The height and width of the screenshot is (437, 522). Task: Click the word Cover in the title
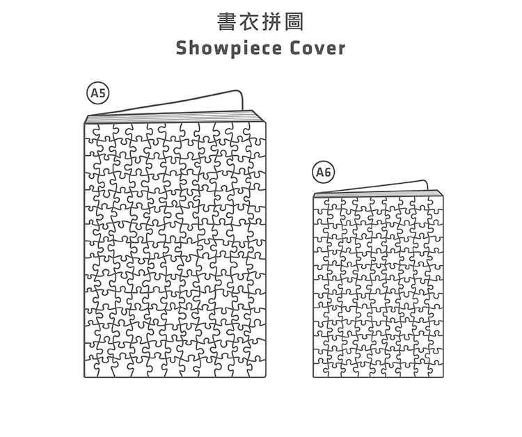click(x=317, y=49)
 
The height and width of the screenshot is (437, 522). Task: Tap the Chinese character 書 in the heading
click(x=226, y=22)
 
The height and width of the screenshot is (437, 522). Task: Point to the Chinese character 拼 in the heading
click(x=272, y=22)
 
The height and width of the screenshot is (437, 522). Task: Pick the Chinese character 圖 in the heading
click(x=295, y=22)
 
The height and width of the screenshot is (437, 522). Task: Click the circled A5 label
click(x=98, y=93)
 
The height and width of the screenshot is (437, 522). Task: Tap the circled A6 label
click(x=324, y=172)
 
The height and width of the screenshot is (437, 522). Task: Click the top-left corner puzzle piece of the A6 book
click(x=320, y=204)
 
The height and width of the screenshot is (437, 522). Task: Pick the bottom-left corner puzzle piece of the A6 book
click(x=320, y=370)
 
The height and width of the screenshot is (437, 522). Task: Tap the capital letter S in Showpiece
click(x=182, y=49)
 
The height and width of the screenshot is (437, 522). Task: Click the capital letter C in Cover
click(x=297, y=49)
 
